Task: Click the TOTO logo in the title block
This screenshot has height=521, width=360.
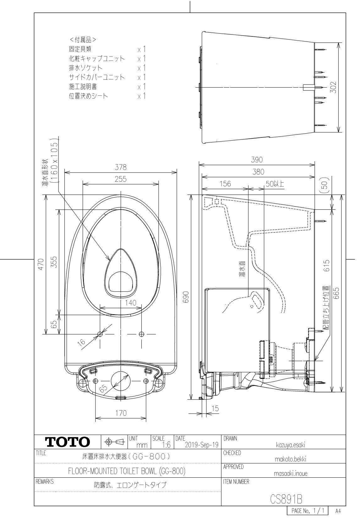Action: click(x=68, y=442)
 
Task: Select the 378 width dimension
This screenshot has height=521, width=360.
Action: click(x=121, y=168)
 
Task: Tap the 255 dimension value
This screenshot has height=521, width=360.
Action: click(x=121, y=179)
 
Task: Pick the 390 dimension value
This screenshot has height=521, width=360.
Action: click(x=257, y=159)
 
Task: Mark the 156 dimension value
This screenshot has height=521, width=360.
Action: click(x=225, y=184)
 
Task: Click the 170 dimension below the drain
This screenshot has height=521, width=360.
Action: click(x=121, y=413)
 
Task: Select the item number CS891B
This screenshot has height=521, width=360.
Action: click(x=282, y=498)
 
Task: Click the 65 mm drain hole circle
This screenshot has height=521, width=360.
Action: click(x=121, y=381)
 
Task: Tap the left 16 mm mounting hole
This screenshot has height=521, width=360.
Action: click(x=100, y=334)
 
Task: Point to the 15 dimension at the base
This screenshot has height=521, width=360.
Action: click(x=215, y=408)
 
